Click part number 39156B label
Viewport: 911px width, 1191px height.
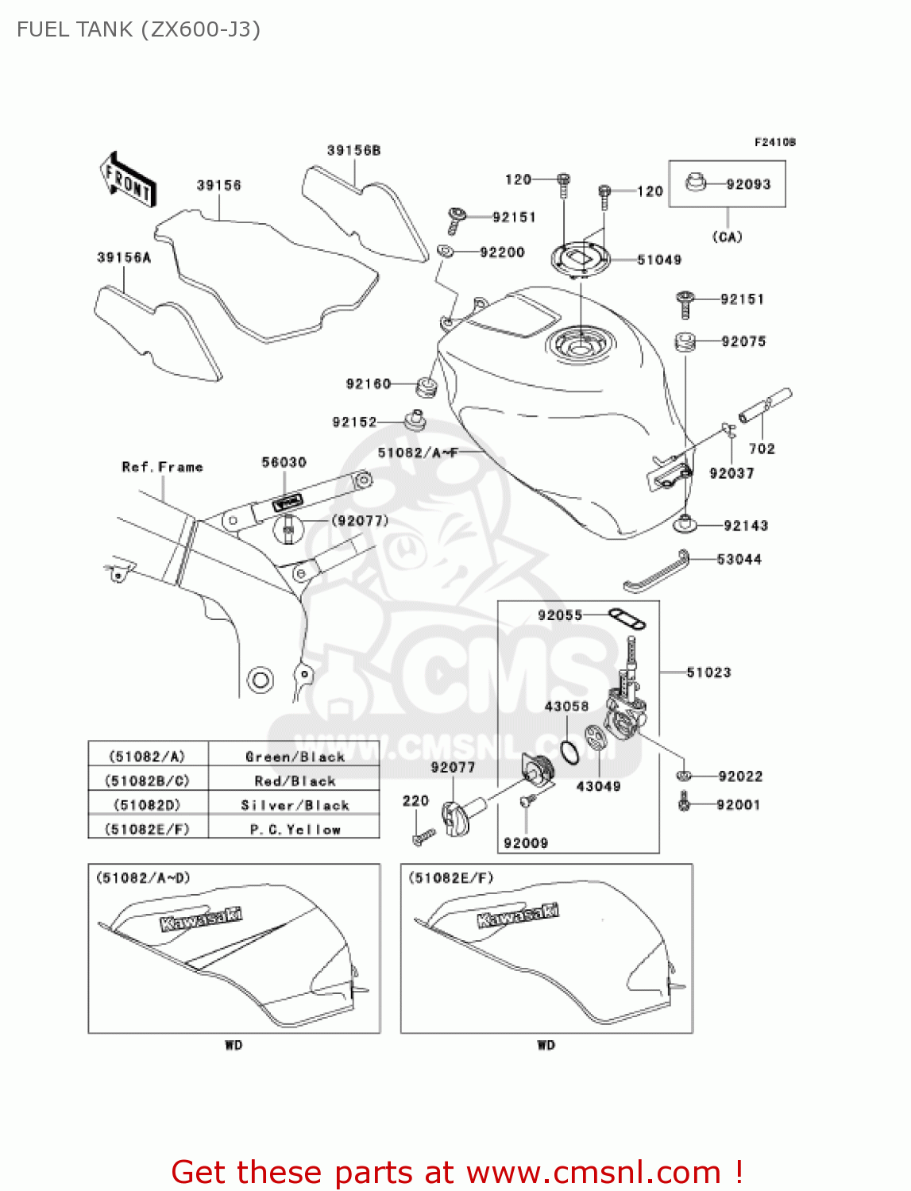click(x=353, y=150)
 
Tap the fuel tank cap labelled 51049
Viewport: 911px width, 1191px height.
click(x=581, y=258)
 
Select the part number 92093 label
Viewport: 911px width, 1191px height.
click(x=748, y=184)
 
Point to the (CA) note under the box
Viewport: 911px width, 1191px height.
click(x=727, y=237)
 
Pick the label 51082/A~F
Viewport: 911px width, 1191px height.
click(x=418, y=453)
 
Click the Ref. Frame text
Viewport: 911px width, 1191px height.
click(x=162, y=467)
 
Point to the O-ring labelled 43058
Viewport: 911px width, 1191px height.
click(x=569, y=750)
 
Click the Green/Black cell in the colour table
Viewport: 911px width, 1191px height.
click(x=295, y=757)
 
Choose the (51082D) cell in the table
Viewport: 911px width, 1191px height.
click(x=148, y=805)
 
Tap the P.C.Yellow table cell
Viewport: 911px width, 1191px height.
click(x=295, y=829)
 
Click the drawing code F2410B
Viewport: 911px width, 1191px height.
click(x=774, y=142)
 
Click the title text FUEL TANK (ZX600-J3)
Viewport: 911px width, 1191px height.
click(x=138, y=29)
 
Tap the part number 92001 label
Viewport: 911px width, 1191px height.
click(x=738, y=804)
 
